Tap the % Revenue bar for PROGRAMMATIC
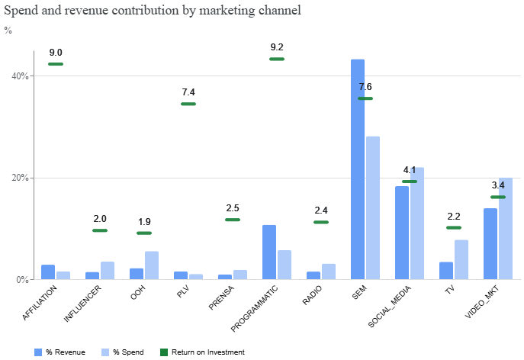[x=269, y=252]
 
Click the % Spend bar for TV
[x=461, y=259]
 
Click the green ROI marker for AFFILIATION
[x=56, y=64]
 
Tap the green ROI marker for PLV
[x=188, y=104]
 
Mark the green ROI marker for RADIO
[x=321, y=222]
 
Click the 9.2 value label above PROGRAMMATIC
[x=277, y=47]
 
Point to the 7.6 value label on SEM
[x=365, y=86]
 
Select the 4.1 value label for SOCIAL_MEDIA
[x=410, y=170]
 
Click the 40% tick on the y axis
[x=20, y=76]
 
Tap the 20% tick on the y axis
[x=20, y=178]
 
